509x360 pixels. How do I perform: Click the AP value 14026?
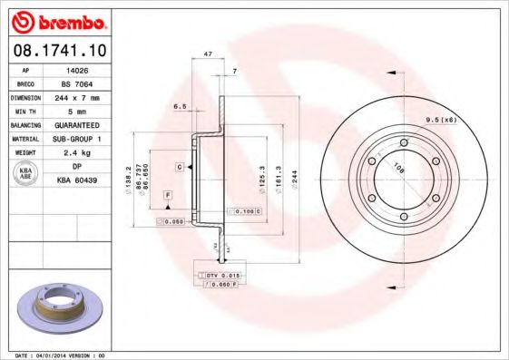pos(76,68)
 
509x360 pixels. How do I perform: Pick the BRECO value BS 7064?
pos(77,82)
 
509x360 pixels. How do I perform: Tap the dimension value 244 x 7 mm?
pos(77,96)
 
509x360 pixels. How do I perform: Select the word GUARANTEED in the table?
pos(77,124)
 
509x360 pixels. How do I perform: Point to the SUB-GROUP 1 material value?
pos(77,139)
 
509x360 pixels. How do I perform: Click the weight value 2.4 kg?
pos(77,152)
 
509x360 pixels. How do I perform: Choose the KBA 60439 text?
pos(77,180)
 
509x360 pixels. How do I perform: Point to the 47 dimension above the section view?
pos(209,55)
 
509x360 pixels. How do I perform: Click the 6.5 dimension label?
pos(180,106)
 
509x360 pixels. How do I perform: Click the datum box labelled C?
pos(180,168)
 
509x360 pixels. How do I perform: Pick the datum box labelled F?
pos(167,195)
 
